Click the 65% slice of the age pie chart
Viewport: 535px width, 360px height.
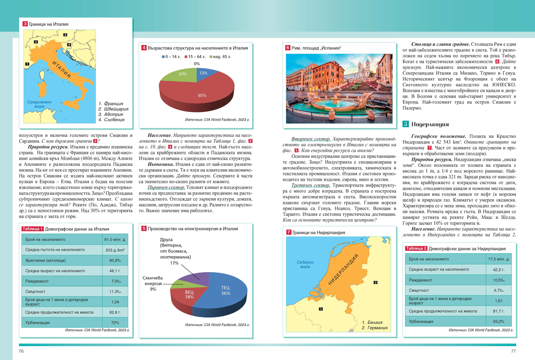click(196, 96)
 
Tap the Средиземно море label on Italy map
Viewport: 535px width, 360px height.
click(40, 104)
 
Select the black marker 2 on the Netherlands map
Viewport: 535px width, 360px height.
click(375, 282)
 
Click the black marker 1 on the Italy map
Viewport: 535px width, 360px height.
click(28, 64)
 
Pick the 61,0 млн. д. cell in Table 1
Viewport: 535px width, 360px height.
click(112, 240)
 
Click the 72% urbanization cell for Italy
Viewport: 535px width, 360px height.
click(115, 322)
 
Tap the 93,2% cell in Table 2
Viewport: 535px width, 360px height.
click(498, 321)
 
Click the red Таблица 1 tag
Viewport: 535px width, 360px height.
click(33, 229)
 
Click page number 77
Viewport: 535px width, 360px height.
click(513, 352)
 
